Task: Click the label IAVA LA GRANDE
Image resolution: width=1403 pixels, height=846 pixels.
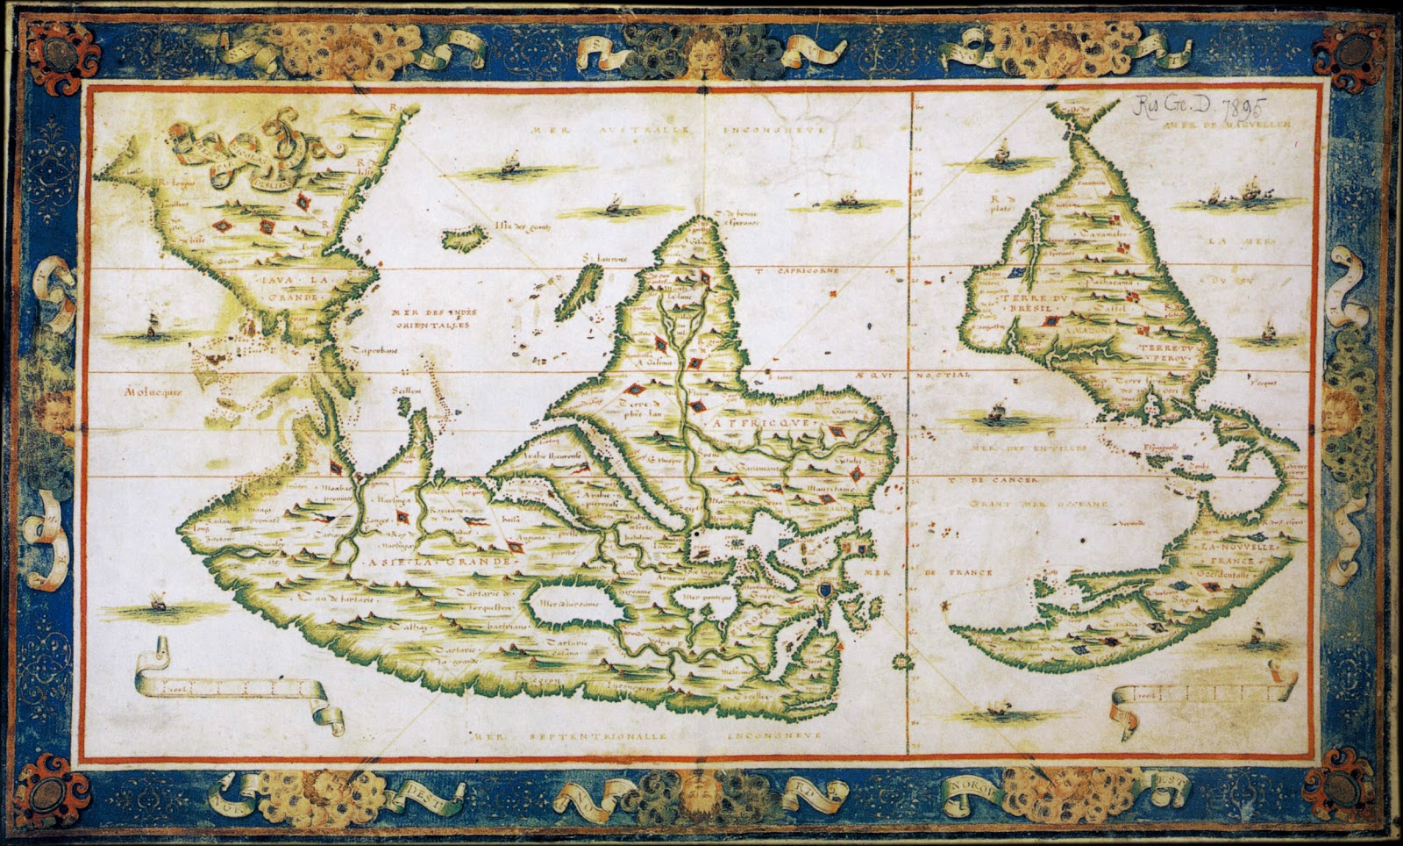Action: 288,288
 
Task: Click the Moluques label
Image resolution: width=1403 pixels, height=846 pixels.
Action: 153,392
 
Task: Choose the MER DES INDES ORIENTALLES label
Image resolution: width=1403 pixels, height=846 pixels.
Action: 426,319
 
